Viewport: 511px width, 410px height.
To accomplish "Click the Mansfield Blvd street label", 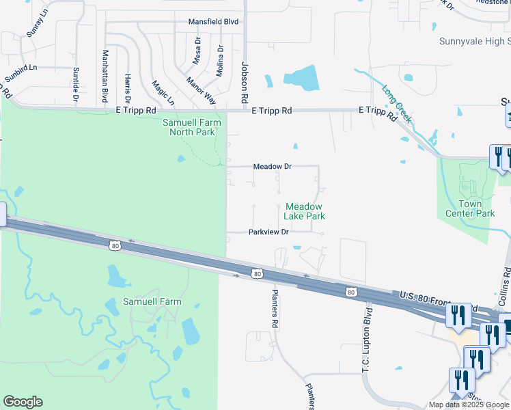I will [213, 22].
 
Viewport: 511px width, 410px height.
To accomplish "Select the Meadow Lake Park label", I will [305, 211].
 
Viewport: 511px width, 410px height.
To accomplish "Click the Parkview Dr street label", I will [268, 232].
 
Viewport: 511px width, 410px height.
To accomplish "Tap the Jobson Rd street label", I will [244, 79].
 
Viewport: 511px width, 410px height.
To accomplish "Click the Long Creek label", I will [396, 104].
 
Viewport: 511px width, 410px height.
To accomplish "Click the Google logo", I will [23, 402].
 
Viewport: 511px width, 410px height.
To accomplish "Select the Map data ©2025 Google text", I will [468, 405].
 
